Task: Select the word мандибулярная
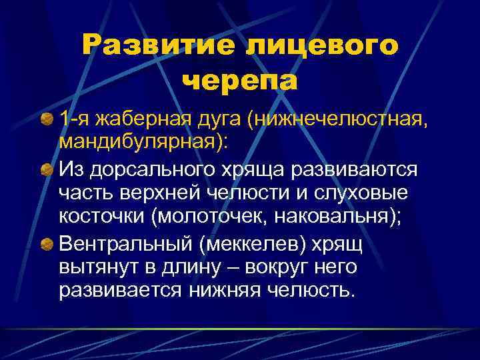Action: tap(140, 143)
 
